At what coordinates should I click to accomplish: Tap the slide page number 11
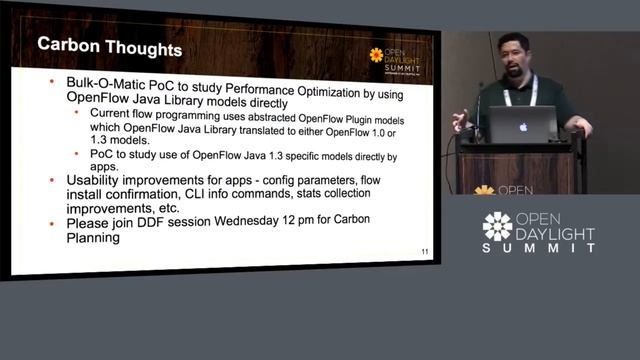[424, 252]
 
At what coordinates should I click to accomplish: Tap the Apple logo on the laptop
[522, 127]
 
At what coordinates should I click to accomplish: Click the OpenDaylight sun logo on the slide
[376, 54]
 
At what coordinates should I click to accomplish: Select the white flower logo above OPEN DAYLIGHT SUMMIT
[497, 226]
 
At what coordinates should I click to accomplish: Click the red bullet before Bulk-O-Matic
[53, 84]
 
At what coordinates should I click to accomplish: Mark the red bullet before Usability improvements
[53, 179]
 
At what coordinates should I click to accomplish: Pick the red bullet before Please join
[53, 224]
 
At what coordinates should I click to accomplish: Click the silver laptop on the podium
[521, 126]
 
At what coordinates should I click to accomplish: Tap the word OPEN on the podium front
[515, 188]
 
